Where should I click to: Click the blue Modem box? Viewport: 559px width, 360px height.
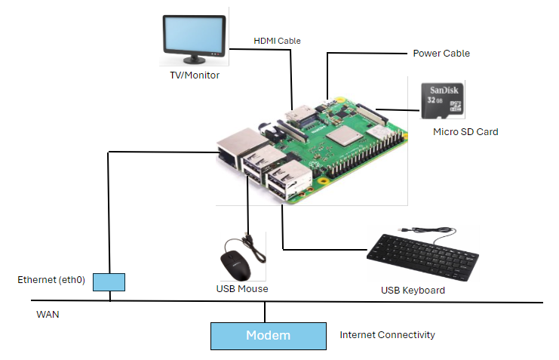coord(226,336)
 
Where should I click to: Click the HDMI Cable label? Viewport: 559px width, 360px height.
coord(277,41)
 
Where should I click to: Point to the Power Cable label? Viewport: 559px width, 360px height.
coord(441,54)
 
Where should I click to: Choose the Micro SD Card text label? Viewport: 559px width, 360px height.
coord(465,132)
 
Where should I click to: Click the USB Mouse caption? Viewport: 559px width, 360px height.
coord(242,289)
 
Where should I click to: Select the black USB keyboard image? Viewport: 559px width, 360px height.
coord(422,257)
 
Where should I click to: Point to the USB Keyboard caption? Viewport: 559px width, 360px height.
coord(413,291)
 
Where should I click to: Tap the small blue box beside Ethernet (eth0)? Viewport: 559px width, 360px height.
coord(109,282)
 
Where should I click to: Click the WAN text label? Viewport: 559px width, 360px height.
coord(48,314)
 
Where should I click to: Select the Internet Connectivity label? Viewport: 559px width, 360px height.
coord(387,334)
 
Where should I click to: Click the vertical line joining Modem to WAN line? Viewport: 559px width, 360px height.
coord(264,312)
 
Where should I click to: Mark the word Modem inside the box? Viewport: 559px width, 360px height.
coord(268,336)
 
